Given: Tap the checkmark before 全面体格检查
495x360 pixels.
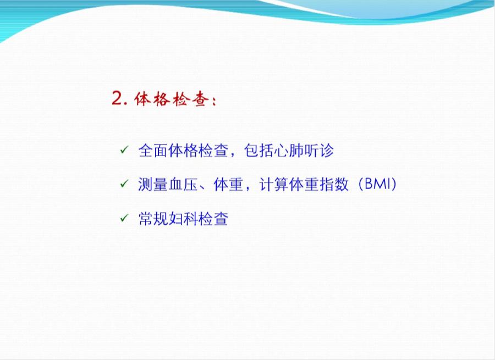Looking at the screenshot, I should coord(124,149).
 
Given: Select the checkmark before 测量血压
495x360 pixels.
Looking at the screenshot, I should coord(124,184).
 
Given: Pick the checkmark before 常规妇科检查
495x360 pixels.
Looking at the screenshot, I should coord(124,219).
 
